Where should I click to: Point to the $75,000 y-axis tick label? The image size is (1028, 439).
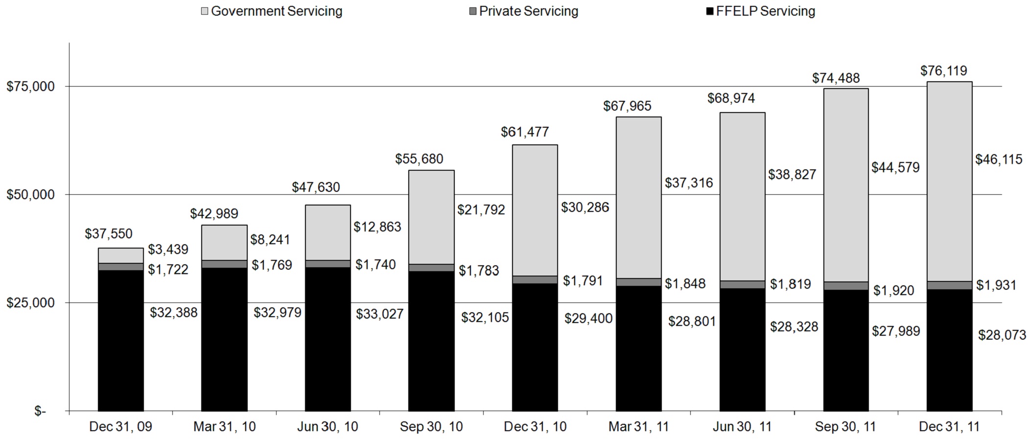click(30, 87)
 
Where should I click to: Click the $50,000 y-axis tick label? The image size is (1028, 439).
click(30, 195)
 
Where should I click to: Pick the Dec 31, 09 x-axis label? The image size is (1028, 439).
click(120, 427)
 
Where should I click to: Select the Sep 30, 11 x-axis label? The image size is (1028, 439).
click(845, 427)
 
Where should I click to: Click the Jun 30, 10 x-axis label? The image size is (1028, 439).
click(327, 427)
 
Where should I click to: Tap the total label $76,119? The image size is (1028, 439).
click(943, 71)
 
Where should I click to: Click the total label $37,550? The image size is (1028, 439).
click(109, 234)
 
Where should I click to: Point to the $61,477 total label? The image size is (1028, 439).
click(525, 132)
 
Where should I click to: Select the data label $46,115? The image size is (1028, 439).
click(999, 160)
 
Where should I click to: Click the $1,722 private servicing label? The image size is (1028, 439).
click(168, 270)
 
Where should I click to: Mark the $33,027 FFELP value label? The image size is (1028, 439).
click(380, 314)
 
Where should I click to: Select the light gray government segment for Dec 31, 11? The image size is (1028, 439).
click(949, 181)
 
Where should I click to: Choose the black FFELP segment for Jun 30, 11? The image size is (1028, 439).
click(742, 349)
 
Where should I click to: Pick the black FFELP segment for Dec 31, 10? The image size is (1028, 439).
click(535, 347)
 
